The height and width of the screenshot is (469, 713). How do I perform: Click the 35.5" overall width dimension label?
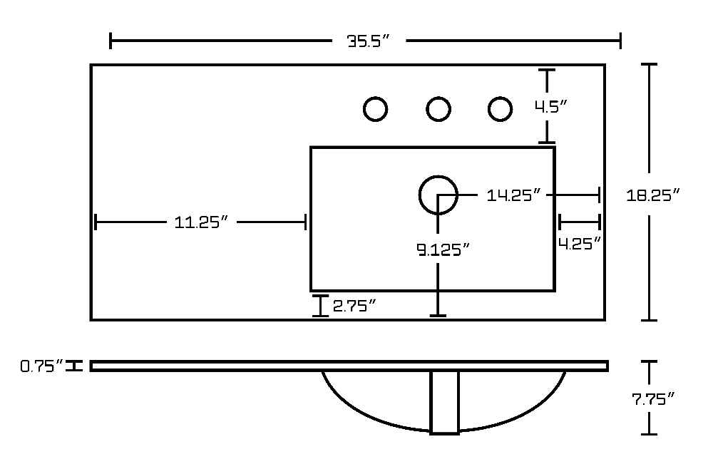(x=369, y=41)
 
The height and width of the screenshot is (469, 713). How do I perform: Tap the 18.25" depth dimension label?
(x=653, y=195)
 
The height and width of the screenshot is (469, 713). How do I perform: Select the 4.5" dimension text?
(x=551, y=107)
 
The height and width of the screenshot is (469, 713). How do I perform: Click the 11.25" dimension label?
(x=200, y=222)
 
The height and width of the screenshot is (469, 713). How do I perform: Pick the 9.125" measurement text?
(x=443, y=249)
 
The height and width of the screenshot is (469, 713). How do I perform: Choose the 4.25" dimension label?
(x=580, y=244)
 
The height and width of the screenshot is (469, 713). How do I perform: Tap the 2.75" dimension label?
(x=354, y=305)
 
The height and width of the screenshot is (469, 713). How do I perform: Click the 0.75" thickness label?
(x=42, y=366)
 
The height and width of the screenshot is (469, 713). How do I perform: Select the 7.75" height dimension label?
(x=653, y=399)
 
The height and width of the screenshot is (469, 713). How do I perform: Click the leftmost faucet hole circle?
(x=376, y=109)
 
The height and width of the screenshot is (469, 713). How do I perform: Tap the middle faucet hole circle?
(x=438, y=109)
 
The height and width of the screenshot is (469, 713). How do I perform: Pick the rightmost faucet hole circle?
(x=501, y=109)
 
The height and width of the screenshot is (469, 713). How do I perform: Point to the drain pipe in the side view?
(x=445, y=403)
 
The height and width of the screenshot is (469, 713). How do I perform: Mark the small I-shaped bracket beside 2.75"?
(x=321, y=305)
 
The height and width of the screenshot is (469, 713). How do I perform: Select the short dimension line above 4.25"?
(x=579, y=222)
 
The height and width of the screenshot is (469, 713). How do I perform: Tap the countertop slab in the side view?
(x=349, y=366)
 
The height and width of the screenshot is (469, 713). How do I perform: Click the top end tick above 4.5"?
(x=547, y=70)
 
